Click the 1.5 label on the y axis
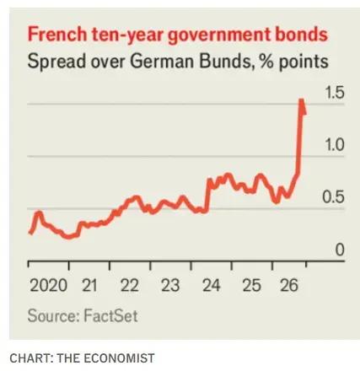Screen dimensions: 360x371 click(335, 93)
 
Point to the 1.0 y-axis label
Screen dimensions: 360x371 click(335, 145)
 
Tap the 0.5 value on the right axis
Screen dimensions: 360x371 click(334, 197)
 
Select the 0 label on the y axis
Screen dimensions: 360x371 click(340, 250)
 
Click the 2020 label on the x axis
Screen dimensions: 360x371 click(48, 285)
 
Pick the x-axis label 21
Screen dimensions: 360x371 click(89, 285)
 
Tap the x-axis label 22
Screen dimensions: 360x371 click(130, 285)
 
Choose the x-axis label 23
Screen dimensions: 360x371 click(170, 285)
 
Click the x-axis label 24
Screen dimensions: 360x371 click(212, 285)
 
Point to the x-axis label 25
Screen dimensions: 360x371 click(252, 285)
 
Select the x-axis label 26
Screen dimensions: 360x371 click(289, 285)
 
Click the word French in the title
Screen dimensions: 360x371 click(57, 35)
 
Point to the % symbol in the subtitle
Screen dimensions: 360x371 click(266, 62)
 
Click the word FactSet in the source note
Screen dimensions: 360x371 click(111, 315)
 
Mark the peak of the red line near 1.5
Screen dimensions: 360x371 click(301, 99)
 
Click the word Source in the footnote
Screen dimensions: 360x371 click(53, 315)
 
